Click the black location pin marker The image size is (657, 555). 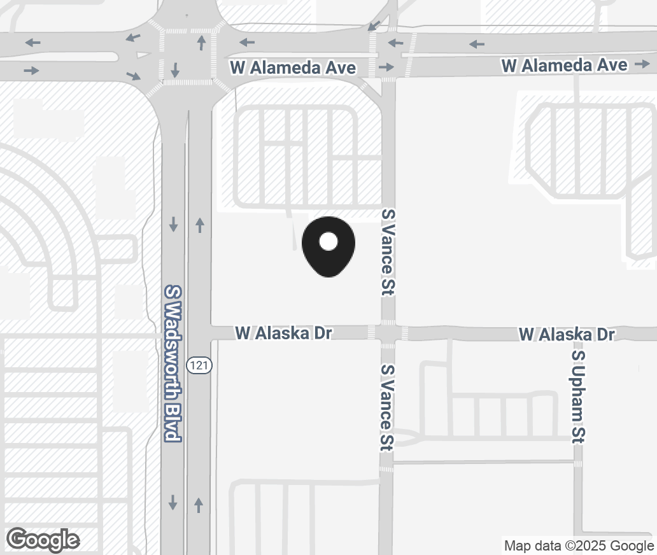point(328,246)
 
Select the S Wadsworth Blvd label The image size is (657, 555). point(173,363)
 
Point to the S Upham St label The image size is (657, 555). point(578,396)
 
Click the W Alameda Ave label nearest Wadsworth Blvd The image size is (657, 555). point(293,68)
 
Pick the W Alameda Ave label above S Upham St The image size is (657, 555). point(564,65)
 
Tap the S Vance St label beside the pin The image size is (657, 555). point(388,251)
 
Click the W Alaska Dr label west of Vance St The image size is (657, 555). point(284,333)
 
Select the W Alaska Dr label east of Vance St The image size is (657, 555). point(567,334)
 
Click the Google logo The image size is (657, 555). point(43,540)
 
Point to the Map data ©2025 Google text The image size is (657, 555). point(579,545)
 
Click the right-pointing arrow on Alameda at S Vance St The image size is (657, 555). point(386,67)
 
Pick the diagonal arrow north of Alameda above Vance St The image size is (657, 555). point(374,26)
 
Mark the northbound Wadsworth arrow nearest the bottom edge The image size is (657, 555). point(199,505)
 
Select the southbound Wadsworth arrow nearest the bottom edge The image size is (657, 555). point(173,503)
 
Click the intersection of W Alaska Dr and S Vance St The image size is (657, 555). point(388,333)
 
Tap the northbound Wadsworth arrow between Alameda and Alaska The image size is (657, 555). point(200,224)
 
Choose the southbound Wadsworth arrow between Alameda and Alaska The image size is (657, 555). point(173,224)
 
